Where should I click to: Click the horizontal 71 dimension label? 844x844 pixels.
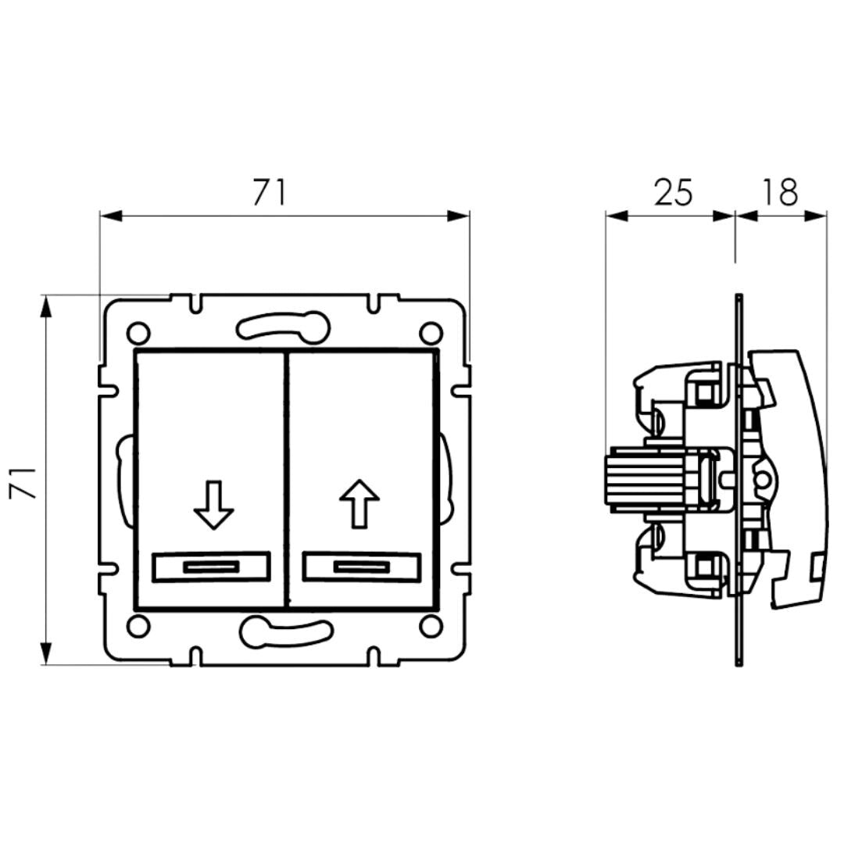click(x=270, y=192)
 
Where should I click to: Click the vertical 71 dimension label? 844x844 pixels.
click(x=23, y=483)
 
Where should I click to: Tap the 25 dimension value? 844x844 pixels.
click(x=674, y=192)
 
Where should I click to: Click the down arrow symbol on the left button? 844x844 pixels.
click(x=213, y=504)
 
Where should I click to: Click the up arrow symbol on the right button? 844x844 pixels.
click(x=359, y=503)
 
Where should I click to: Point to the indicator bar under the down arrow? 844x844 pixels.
click(x=211, y=567)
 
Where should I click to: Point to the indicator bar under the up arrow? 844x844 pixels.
click(x=360, y=567)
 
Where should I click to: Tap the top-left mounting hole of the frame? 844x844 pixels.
click(x=138, y=333)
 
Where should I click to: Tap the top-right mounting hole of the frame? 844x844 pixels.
click(x=431, y=333)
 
